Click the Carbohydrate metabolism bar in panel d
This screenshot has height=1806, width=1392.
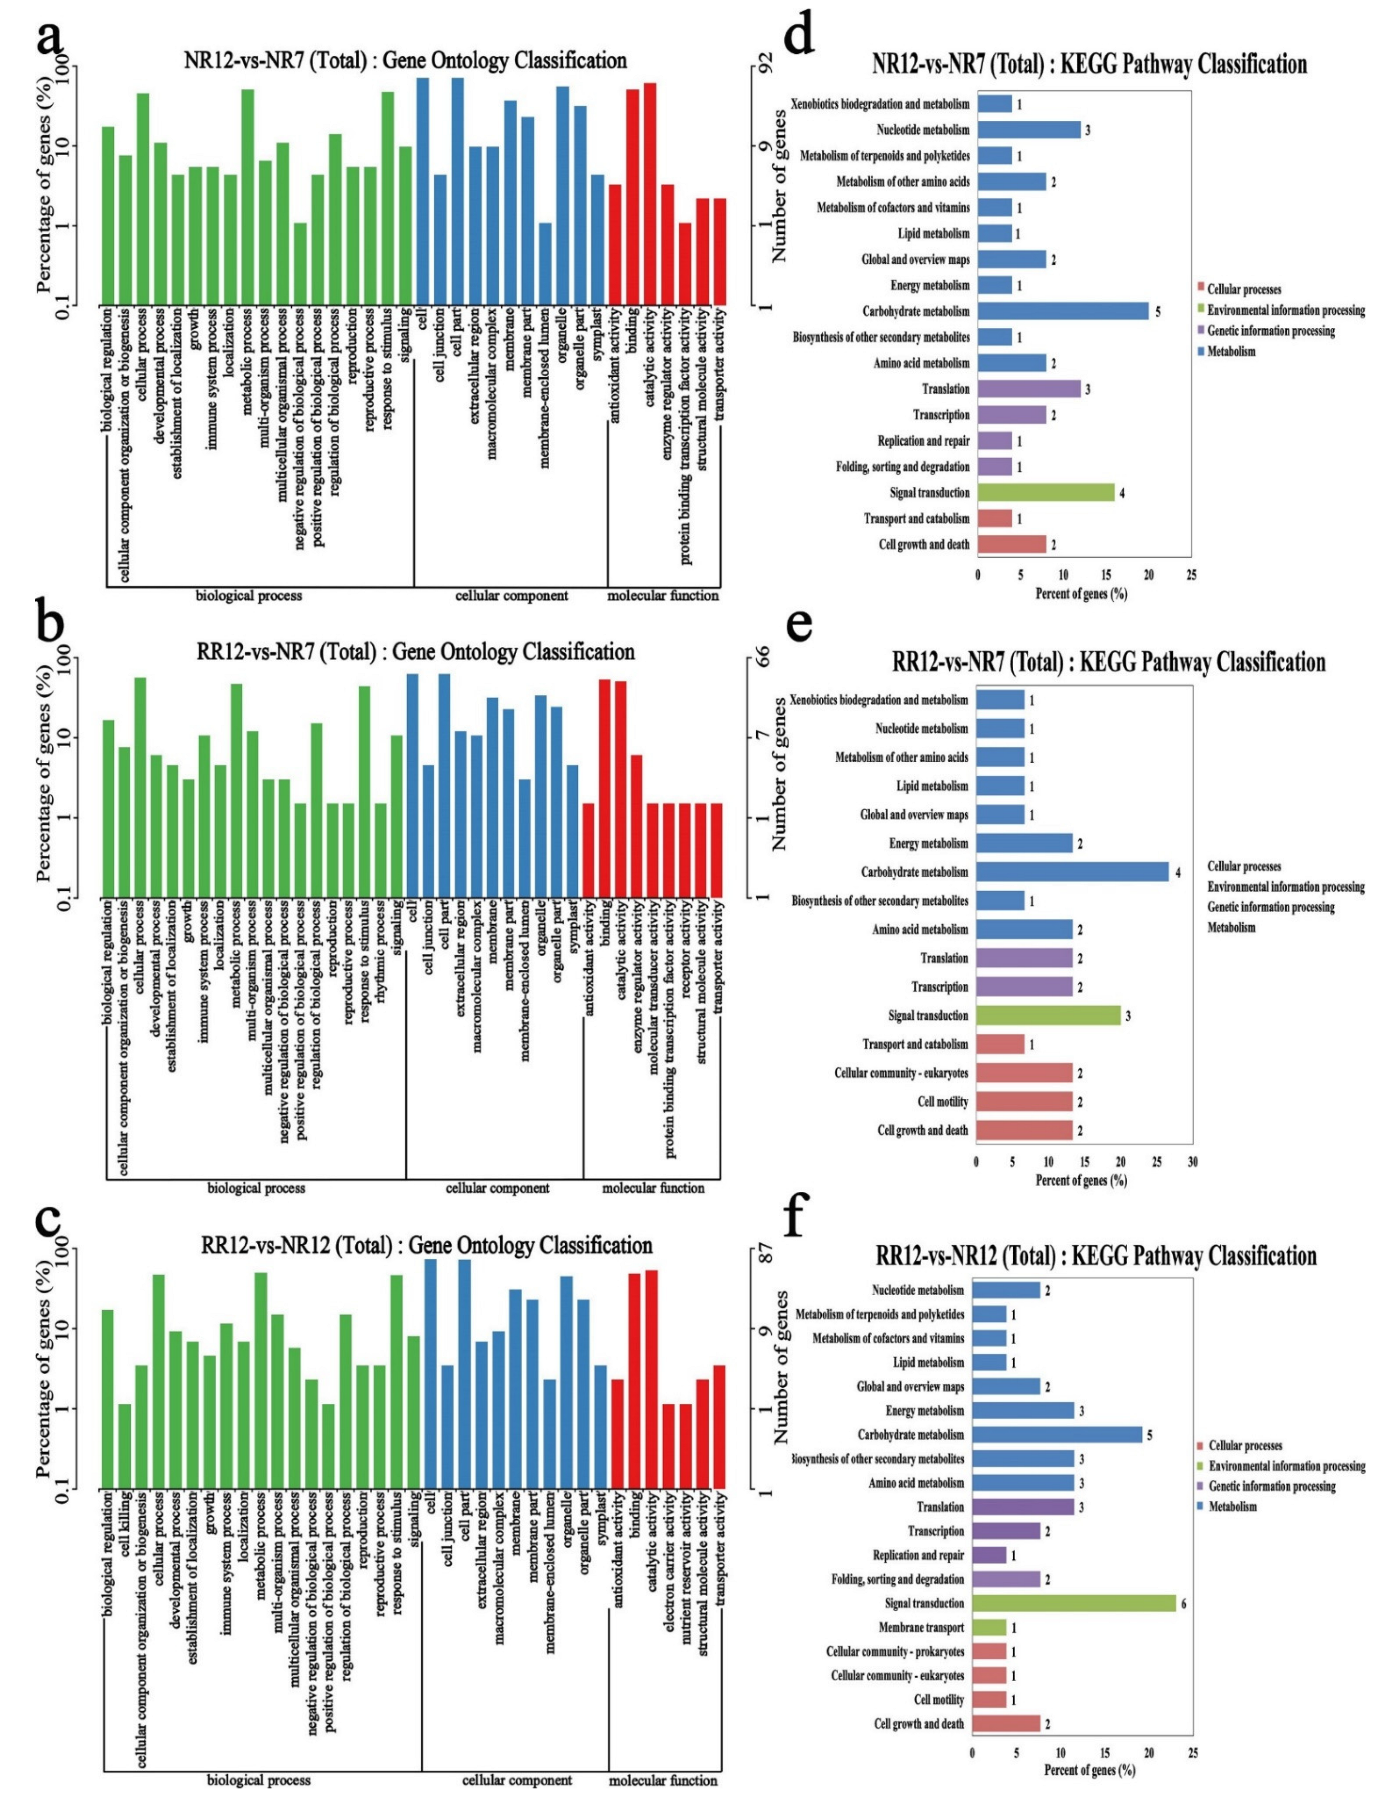pyautogui.click(x=1063, y=311)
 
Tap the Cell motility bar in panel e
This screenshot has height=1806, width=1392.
pyautogui.click(x=1024, y=1101)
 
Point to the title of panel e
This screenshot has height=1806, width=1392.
pyautogui.click(x=1108, y=663)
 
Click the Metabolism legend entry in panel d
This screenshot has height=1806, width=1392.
pyautogui.click(x=1230, y=351)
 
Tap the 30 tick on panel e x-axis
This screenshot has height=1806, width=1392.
pyautogui.click(x=1192, y=1162)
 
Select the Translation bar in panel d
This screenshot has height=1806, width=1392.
pyautogui.click(x=1028, y=389)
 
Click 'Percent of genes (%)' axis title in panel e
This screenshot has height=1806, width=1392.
pyautogui.click(x=1081, y=1181)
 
